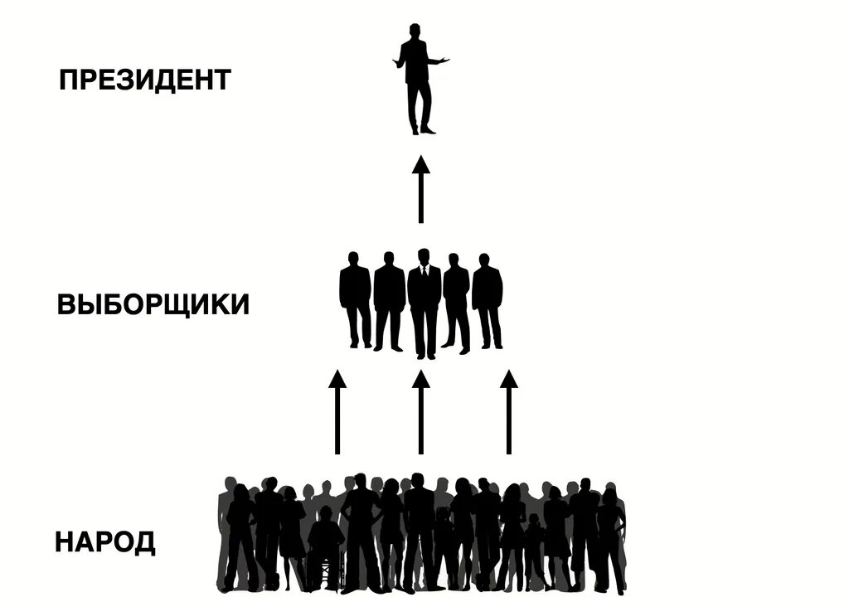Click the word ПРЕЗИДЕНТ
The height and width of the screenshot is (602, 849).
point(144,80)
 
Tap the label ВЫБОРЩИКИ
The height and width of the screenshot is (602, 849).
point(153,304)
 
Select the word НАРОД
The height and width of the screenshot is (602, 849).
point(104,543)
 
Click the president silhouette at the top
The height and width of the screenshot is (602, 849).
point(420,79)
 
